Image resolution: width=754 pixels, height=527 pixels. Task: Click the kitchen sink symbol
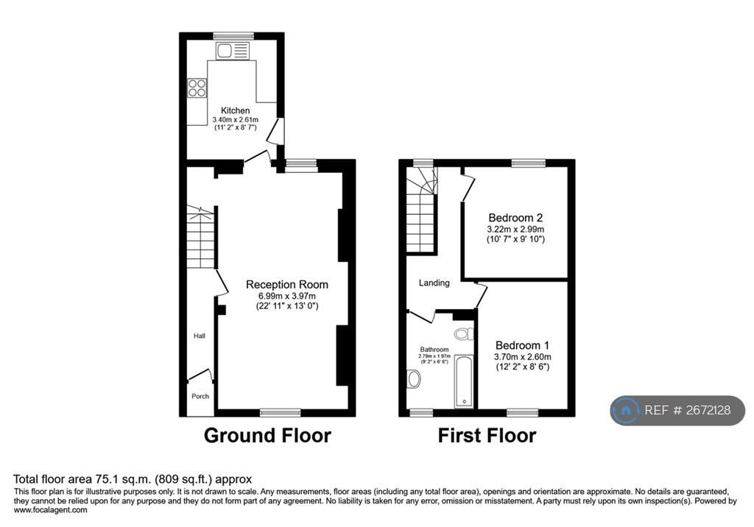pyautogui.click(x=233, y=51)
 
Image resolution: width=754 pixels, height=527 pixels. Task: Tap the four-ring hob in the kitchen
pyautogui.click(x=197, y=88)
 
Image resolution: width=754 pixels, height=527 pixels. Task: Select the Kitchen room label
pyautogui.click(x=235, y=110)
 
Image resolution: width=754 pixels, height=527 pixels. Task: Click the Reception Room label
pyautogui.click(x=287, y=285)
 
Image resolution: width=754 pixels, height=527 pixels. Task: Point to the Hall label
pyautogui.click(x=200, y=336)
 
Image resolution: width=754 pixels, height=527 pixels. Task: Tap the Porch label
pyautogui.click(x=200, y=396)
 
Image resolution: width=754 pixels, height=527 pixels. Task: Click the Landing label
pyautogui.click(x=434, y=283)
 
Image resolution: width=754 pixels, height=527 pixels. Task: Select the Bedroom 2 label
pyautogui.click(x=515, y=218)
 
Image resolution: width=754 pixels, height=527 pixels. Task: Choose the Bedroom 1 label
pyautogui.click(x=522, y=345)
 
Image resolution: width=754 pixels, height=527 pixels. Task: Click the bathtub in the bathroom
pyautogui.click(x=464, y=382)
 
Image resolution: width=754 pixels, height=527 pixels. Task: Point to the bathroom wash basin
pyautogui.click(x=414, y=379)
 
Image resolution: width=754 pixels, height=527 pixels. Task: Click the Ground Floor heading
pyautogui.click(x=267, y=436)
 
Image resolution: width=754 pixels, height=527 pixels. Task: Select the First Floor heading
pyautogui.click(x=487, y=436)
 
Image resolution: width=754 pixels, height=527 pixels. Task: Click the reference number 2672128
pyautogui.click(x=708, y=410)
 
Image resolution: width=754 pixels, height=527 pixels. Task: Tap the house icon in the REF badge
pyautogui.click(x=626, y=410)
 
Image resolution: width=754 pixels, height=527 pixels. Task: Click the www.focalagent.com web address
pyautogui.click(x=51, y=510)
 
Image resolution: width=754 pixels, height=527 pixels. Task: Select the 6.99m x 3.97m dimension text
pyautogui.click(x=287, y=296)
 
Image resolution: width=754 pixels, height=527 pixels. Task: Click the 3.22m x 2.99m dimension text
pyautogui.click(x=515, y=230)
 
